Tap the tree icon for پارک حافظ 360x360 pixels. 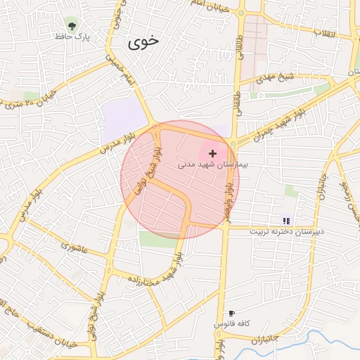(71, 23)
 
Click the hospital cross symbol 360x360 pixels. (212, 153)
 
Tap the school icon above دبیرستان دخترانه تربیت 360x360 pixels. (286, 221)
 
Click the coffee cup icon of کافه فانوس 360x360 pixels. (231, 314)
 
